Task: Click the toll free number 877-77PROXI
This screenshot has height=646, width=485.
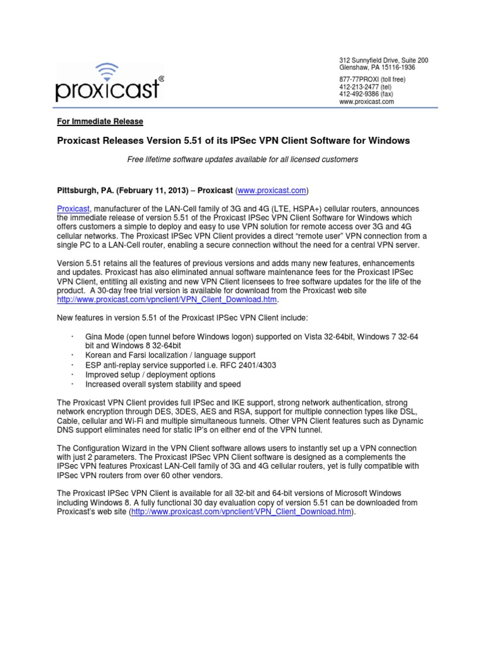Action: [x=363, y=79]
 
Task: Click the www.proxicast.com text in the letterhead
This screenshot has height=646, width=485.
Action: [x=367, y=102]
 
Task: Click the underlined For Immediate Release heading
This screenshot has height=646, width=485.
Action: [x=100, y=122]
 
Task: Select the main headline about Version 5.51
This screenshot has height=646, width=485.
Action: [x=234, y=141]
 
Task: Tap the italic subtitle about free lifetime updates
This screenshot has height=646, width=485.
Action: [x=242, y=160]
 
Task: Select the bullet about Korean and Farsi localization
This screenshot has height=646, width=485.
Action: [x=171, y=356]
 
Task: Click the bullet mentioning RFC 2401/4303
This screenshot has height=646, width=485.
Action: [x=181, y=365]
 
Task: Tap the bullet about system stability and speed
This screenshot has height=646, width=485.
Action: [x=163, y=384]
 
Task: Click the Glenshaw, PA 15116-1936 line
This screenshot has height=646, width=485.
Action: [x=378, y=68]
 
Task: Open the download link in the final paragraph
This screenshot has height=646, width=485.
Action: [x=242, y=512]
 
